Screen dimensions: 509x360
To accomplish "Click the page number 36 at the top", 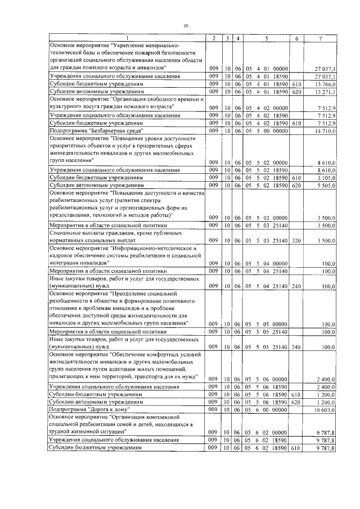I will click(x=186, y=25).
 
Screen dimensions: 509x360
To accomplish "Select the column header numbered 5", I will click(x=266, y=38).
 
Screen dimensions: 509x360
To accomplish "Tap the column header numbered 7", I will click(x=320, y=38).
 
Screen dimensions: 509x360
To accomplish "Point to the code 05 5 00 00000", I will click(x=266, y=130).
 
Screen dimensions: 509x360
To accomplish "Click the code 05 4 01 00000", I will click(x=266, y=68).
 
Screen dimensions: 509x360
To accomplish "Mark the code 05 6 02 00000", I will click(x=266, y=433).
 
